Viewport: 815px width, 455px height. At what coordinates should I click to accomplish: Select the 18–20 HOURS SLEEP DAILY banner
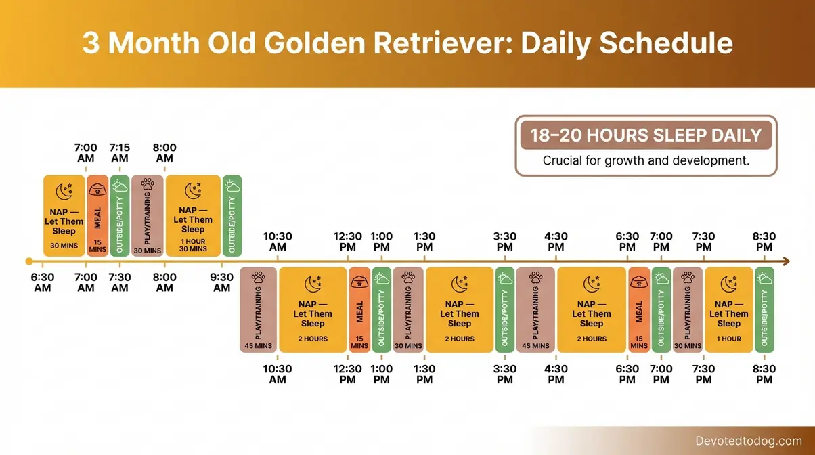coord(646,135)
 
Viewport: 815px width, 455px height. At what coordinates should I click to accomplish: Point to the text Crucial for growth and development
coord(646,161)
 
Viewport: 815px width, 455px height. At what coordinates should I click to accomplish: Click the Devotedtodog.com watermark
coord(748,441)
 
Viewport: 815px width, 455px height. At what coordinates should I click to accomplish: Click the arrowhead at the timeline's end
coord(785,261)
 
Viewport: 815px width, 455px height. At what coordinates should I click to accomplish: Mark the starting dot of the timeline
coord(28,261)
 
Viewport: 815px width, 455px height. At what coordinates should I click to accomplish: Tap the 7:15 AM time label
coord(120,153)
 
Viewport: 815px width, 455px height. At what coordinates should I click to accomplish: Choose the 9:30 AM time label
coord(222,282)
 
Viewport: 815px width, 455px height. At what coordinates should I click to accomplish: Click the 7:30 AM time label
coord(120,282)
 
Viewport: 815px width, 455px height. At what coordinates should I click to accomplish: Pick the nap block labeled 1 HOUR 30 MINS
coord(193,215)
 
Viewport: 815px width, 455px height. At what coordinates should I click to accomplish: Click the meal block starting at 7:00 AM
coord(97,215)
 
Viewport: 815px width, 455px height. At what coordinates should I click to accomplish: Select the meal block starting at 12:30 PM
coord(359,310)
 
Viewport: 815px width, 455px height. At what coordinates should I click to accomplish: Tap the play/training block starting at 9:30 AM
coord(258,310)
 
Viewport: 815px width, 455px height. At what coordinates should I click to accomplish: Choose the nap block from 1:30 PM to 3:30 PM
coord(459,310)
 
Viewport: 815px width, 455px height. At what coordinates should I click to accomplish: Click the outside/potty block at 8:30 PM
coord(764,310)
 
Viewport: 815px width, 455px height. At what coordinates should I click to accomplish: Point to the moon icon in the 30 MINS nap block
coord(64,192)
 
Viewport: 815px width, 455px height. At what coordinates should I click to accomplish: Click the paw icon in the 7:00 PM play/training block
coord(688,278)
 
